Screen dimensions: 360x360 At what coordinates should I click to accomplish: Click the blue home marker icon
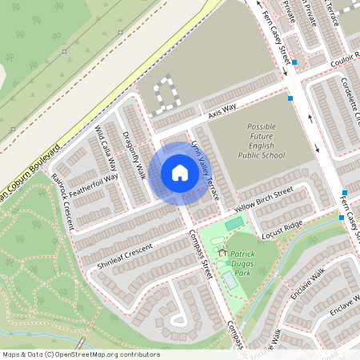180,172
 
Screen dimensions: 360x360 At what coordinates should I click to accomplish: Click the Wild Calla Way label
108,149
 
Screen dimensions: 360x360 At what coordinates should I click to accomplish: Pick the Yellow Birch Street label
264,198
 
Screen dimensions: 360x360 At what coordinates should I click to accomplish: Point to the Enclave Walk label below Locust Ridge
307,286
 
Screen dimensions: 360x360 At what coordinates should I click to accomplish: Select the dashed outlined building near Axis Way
166,94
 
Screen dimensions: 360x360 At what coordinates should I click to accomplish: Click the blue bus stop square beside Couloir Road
295,62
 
